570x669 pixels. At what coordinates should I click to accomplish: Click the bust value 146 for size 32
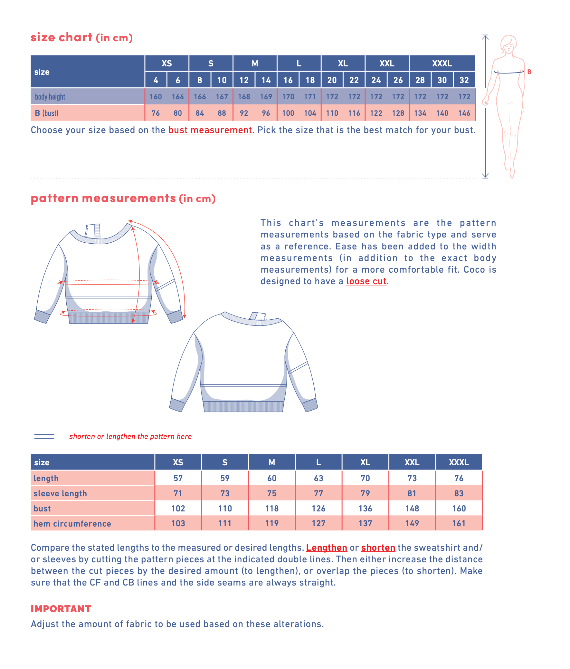464,113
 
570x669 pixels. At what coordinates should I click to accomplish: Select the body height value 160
156,97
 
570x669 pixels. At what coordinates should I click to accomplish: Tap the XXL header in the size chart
386,63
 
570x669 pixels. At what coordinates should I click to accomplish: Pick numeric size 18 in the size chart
310,80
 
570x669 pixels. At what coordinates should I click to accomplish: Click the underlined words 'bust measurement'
210,130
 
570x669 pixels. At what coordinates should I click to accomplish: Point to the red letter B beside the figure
529,72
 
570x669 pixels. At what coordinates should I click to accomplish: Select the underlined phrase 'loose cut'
366,281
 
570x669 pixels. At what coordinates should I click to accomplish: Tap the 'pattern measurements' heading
103,198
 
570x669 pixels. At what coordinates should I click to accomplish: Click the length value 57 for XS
178,478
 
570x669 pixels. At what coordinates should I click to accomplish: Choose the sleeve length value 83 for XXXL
459,493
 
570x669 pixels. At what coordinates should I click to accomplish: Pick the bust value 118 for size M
271,509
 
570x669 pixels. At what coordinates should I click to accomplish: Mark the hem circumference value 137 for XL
365,523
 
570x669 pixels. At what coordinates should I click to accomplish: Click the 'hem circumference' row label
72,524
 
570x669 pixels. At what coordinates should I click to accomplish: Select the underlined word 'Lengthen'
327,548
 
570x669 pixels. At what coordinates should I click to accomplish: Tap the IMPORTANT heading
61,609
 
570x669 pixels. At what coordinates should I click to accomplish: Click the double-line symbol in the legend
44,437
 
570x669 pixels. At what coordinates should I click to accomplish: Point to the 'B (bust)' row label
47,113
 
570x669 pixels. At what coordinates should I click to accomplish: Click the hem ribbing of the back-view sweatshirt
243,406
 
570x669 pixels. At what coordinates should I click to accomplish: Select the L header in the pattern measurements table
318,462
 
